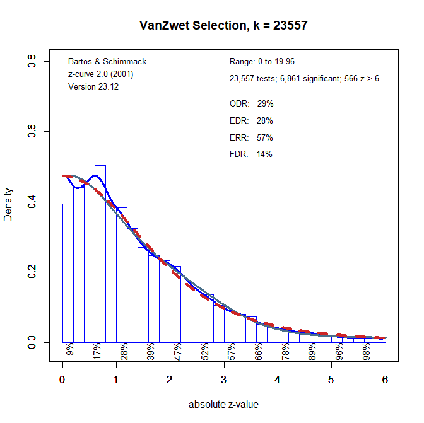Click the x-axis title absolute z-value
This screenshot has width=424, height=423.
[223, 404]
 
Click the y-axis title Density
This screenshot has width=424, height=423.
[8, 204]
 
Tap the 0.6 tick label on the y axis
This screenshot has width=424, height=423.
[31, 132]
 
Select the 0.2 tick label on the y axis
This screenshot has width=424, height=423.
[31, 272]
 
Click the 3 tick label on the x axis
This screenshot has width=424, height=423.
[224, 380]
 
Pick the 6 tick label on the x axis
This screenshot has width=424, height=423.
[385, 380]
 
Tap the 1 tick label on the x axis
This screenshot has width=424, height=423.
[116, 380]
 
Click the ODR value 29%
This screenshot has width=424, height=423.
[265, 103]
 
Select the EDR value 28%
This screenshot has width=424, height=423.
[265, 120]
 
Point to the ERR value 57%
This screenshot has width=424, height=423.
[265, 137]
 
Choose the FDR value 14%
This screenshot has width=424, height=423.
[265, 154]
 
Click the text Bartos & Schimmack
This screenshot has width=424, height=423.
[107, 62]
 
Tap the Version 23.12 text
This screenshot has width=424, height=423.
[93, 86]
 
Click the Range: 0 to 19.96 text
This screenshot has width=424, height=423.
[262, 62]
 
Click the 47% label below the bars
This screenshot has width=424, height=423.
[178, 350]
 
